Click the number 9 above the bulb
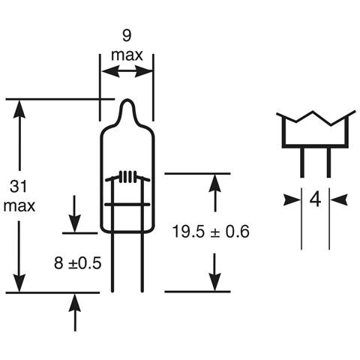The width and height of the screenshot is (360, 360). click(127, 34)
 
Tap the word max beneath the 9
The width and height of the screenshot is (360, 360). click(127, 55)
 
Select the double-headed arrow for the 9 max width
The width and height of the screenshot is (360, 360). click(126, 72)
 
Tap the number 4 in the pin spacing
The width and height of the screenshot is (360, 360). click(315, 199)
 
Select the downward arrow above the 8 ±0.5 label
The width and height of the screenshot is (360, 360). click(76, 222)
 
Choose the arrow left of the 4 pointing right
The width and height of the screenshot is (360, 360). click(292, 199)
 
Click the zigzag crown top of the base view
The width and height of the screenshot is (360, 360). click(315, 118)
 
